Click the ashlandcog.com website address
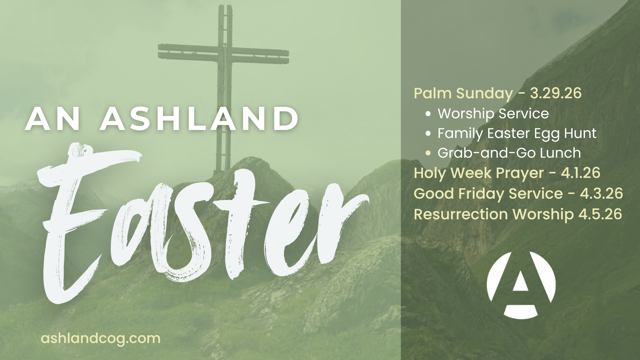101,338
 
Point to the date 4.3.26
601,193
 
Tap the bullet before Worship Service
428,114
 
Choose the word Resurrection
461,214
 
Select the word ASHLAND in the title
199,119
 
